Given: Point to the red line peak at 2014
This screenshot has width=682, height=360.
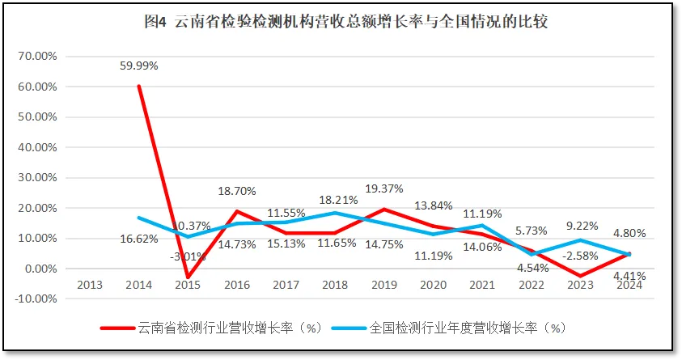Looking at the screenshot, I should pos(138,86).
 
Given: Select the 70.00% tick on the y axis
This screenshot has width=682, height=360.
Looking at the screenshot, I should pos(36,56).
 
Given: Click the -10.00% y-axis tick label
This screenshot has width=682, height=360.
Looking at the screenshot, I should pos(35,299).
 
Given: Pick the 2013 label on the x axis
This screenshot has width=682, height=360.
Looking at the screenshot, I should pos(90,284).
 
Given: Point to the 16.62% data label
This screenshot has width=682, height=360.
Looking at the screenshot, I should pos(138,239).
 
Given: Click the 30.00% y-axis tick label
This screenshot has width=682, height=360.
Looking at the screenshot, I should pos(36,177).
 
